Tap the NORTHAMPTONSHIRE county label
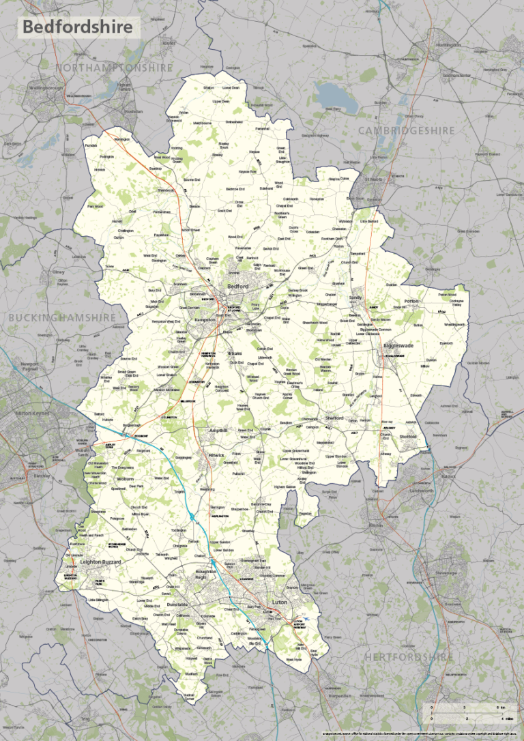tap(115, 68)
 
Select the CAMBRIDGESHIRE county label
tap(407, 130)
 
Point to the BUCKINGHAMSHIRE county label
tap(63, 317)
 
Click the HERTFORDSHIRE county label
tap(409, 657)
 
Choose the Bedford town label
tap(237, 287)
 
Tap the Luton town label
tap(279, 603)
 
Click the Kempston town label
tap(205, 319)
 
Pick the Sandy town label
tap(355, 298)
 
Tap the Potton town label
tap(411, 300)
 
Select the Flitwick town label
tap(217, 454)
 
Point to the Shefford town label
tap(334, 418)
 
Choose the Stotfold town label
tap(407, 437)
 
